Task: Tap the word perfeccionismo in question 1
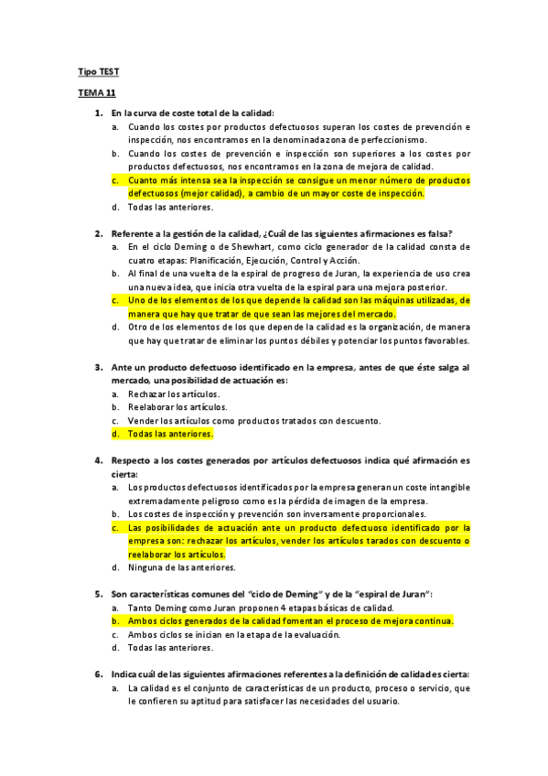click(394, 139)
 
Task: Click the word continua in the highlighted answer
click(430, 621)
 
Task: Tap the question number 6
click(98, 674)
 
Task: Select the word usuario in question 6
click(379, 701)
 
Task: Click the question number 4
click(98, 460)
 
